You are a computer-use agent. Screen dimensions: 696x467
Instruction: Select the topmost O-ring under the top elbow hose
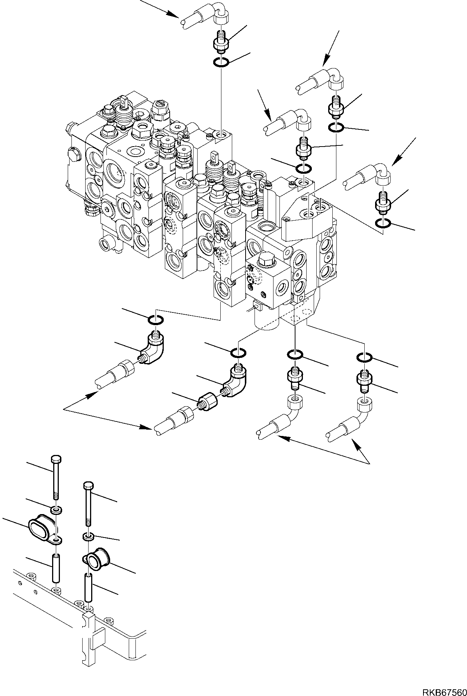(222, 62)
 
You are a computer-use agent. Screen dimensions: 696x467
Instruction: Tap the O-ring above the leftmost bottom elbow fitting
(156, 320)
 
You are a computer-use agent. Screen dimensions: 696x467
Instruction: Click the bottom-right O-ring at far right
(364, 357)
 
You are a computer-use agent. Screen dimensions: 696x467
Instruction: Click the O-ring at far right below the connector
(383, 224)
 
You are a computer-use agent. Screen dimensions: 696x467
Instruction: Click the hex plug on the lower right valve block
(267, 257)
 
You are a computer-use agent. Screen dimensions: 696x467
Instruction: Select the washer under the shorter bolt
(88, 536)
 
